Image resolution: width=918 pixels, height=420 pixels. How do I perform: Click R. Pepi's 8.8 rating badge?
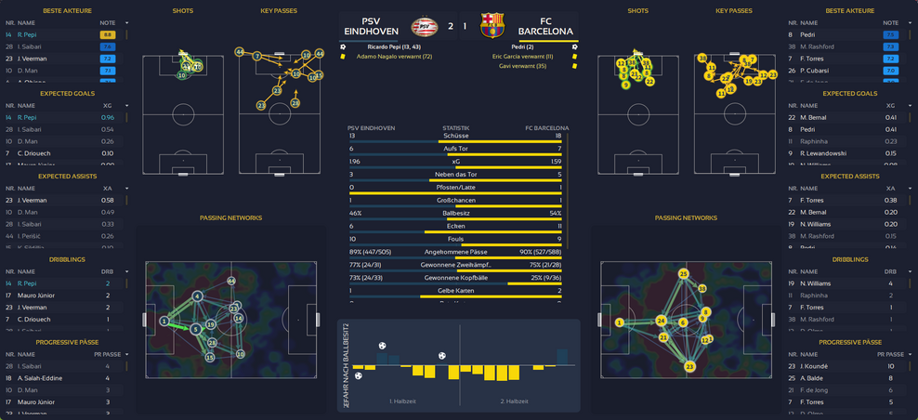pyautogui.click(x=107, y=35)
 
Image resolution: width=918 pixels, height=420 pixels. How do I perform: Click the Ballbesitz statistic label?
pyautogui.click(x=456, y=213)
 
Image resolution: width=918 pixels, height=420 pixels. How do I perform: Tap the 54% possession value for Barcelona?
pyautogui.click(x=556, y=213)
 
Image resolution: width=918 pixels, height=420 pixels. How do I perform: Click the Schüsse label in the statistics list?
pyautogui.click(x=456, y=136)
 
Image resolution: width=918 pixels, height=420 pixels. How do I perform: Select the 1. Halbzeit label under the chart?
pyautogui.click(x=403, y=401)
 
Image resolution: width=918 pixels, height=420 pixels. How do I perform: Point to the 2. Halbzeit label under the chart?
pyautogui.click(x=514, y=401)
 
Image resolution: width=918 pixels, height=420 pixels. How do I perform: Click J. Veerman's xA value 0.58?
pyautogui.click(x=107, y=200)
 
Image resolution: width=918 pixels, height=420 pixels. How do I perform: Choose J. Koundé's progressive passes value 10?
pyautogui.click(x=891, y=366)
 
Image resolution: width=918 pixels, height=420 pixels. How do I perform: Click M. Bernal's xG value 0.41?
pyautogui.click(x=891, y=118)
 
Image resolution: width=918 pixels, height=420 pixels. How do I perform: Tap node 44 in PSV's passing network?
pyautogui.click(x=230, y=280)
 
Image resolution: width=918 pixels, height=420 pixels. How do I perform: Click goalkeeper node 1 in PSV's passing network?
pyautogui.click(x=164, y=321)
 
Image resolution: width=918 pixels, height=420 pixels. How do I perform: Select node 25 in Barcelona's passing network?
pyautogui.click(x=683, y=273)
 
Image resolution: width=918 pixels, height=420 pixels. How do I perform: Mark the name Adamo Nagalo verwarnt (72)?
pyautogui.click(x=395, y=57)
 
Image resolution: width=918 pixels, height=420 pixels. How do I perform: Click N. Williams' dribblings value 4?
pyautogui.click(x=891, y=283)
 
